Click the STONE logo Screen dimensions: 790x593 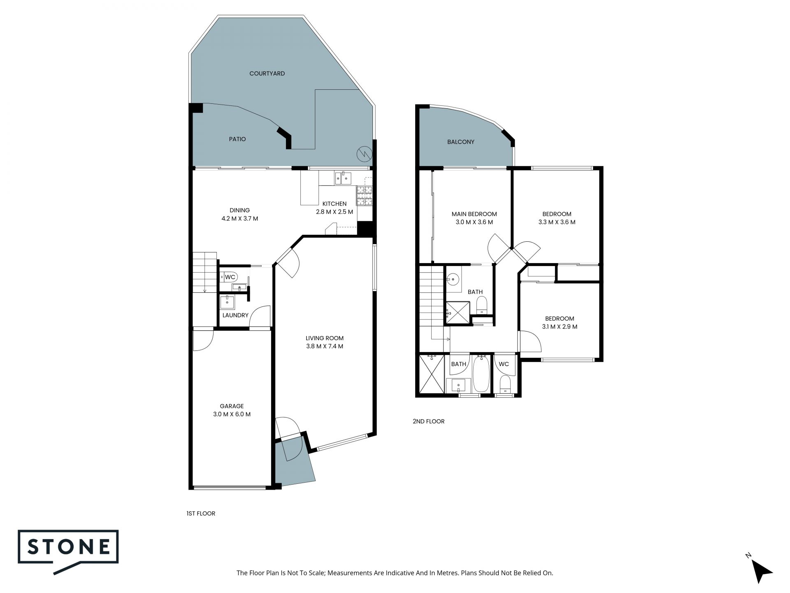pyautogui.click(x=68, y=551)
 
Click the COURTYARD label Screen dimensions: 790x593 pyautogui.click(x=267, y=74)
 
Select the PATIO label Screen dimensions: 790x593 pyautogui.click(x=237, y=139)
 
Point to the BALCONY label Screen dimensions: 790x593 pyautogui.click(x=461, y=142)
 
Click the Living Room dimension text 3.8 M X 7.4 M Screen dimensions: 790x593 pyautogui.click(x=325, y=346)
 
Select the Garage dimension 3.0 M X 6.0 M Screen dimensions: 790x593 pyautogui.click(x=232, y=414)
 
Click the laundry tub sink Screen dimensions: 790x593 pyautogui.click(x=227, y=302)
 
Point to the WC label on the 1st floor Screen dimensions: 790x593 pyautogui.click(x=230, y=277)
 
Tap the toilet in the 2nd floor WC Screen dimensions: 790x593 pyautogui.click(x=505, y=384)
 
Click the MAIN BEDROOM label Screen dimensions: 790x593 pyautogui.click(x=474, y=214)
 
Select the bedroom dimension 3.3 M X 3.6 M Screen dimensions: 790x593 pyautogui.click(x=557, y=222)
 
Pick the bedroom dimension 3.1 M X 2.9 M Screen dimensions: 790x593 pyautogui.click(x=560, y=327)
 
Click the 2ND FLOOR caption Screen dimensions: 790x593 pyautogui.click(x=428, y=421)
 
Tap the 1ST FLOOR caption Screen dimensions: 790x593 pyautogui.click(x=201, y=514)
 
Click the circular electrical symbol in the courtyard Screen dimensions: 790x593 pyautogui.click(x=364, y=154)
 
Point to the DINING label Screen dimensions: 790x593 pyautogui.click(x=240, y=210)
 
